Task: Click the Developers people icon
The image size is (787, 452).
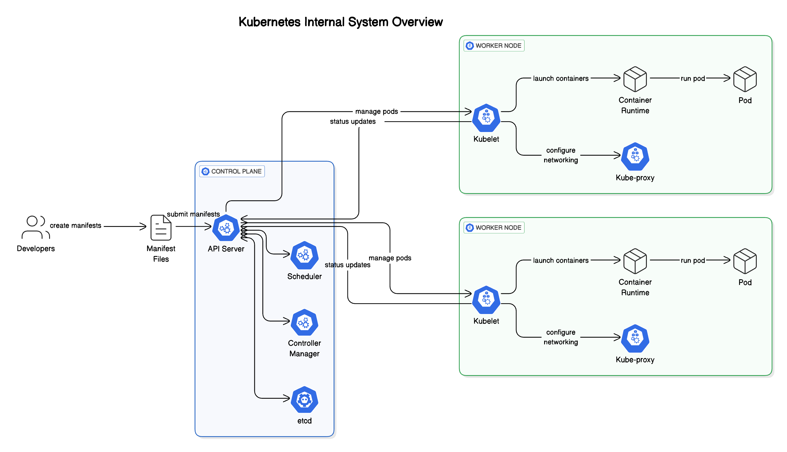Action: click(x=36, y=227)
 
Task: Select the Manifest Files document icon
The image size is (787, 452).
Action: click(x=161, y=227)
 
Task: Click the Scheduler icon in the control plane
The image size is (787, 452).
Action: click(x=304, y=255)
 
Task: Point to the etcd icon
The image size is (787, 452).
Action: click(x=304, y=400)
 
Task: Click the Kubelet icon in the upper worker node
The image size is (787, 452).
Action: click(x=486, y=118)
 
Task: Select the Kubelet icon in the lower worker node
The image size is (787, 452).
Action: click(x=486, y=300)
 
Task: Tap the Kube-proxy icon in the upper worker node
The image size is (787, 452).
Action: click(x=635, y=157)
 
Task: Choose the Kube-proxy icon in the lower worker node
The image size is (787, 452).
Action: click(x=635, y=338)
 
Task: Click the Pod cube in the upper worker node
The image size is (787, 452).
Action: click(x=745, y=79)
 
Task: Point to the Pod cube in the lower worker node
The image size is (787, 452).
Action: click(x=745, y=261)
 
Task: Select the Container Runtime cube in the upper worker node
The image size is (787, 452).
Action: click(x=635, y=79)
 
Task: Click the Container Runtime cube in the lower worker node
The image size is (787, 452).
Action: click(x=635, y=261)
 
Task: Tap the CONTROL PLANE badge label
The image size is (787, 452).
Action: click(x=232, y=171)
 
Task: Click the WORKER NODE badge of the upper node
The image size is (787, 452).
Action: click(x=494, y=45)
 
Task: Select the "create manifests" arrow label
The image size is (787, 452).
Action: click(x=75, y=225)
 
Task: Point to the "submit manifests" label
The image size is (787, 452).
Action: click(x=193, y=214)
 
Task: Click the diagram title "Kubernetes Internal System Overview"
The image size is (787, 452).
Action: click(x=341, y=22)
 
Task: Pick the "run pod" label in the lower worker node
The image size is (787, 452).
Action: click(x=693, y=260)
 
